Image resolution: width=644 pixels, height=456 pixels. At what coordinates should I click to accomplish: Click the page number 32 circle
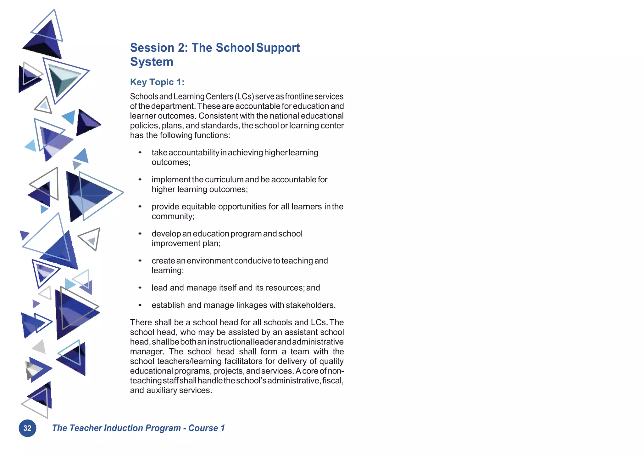(27, 428)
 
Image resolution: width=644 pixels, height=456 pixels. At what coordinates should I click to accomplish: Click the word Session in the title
(152, 48)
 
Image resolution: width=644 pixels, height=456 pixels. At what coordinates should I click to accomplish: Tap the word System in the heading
(152, 62)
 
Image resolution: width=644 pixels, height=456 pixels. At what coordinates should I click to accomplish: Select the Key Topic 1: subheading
(157, 82)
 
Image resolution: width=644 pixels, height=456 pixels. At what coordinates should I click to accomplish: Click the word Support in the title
(278, 48)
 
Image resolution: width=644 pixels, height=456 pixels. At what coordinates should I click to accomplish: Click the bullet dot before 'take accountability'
(140, 153)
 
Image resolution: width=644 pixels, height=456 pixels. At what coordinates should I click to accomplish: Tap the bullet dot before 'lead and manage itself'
(140, 288)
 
